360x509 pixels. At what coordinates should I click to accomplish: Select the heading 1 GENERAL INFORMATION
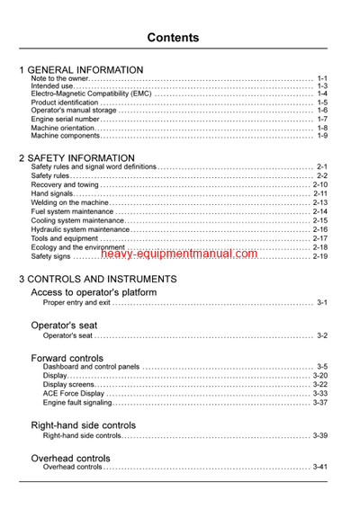(x=81, y=69)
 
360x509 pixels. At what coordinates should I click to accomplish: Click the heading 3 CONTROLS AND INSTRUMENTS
(x=98, y=279)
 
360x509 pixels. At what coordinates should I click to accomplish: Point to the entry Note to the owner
(x=59, y=79)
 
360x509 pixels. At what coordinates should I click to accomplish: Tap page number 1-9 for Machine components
(x=321, y=136)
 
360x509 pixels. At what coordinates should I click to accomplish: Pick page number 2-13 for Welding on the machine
(x=319, y=202)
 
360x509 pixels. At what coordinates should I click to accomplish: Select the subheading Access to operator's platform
(x=94, y=292)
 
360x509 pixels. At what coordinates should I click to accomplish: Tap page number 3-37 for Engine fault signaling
(x=319, y=403)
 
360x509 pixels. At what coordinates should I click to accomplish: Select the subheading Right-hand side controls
(x=83, y=424)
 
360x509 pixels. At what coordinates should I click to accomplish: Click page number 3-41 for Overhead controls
(x=319, y=468)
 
